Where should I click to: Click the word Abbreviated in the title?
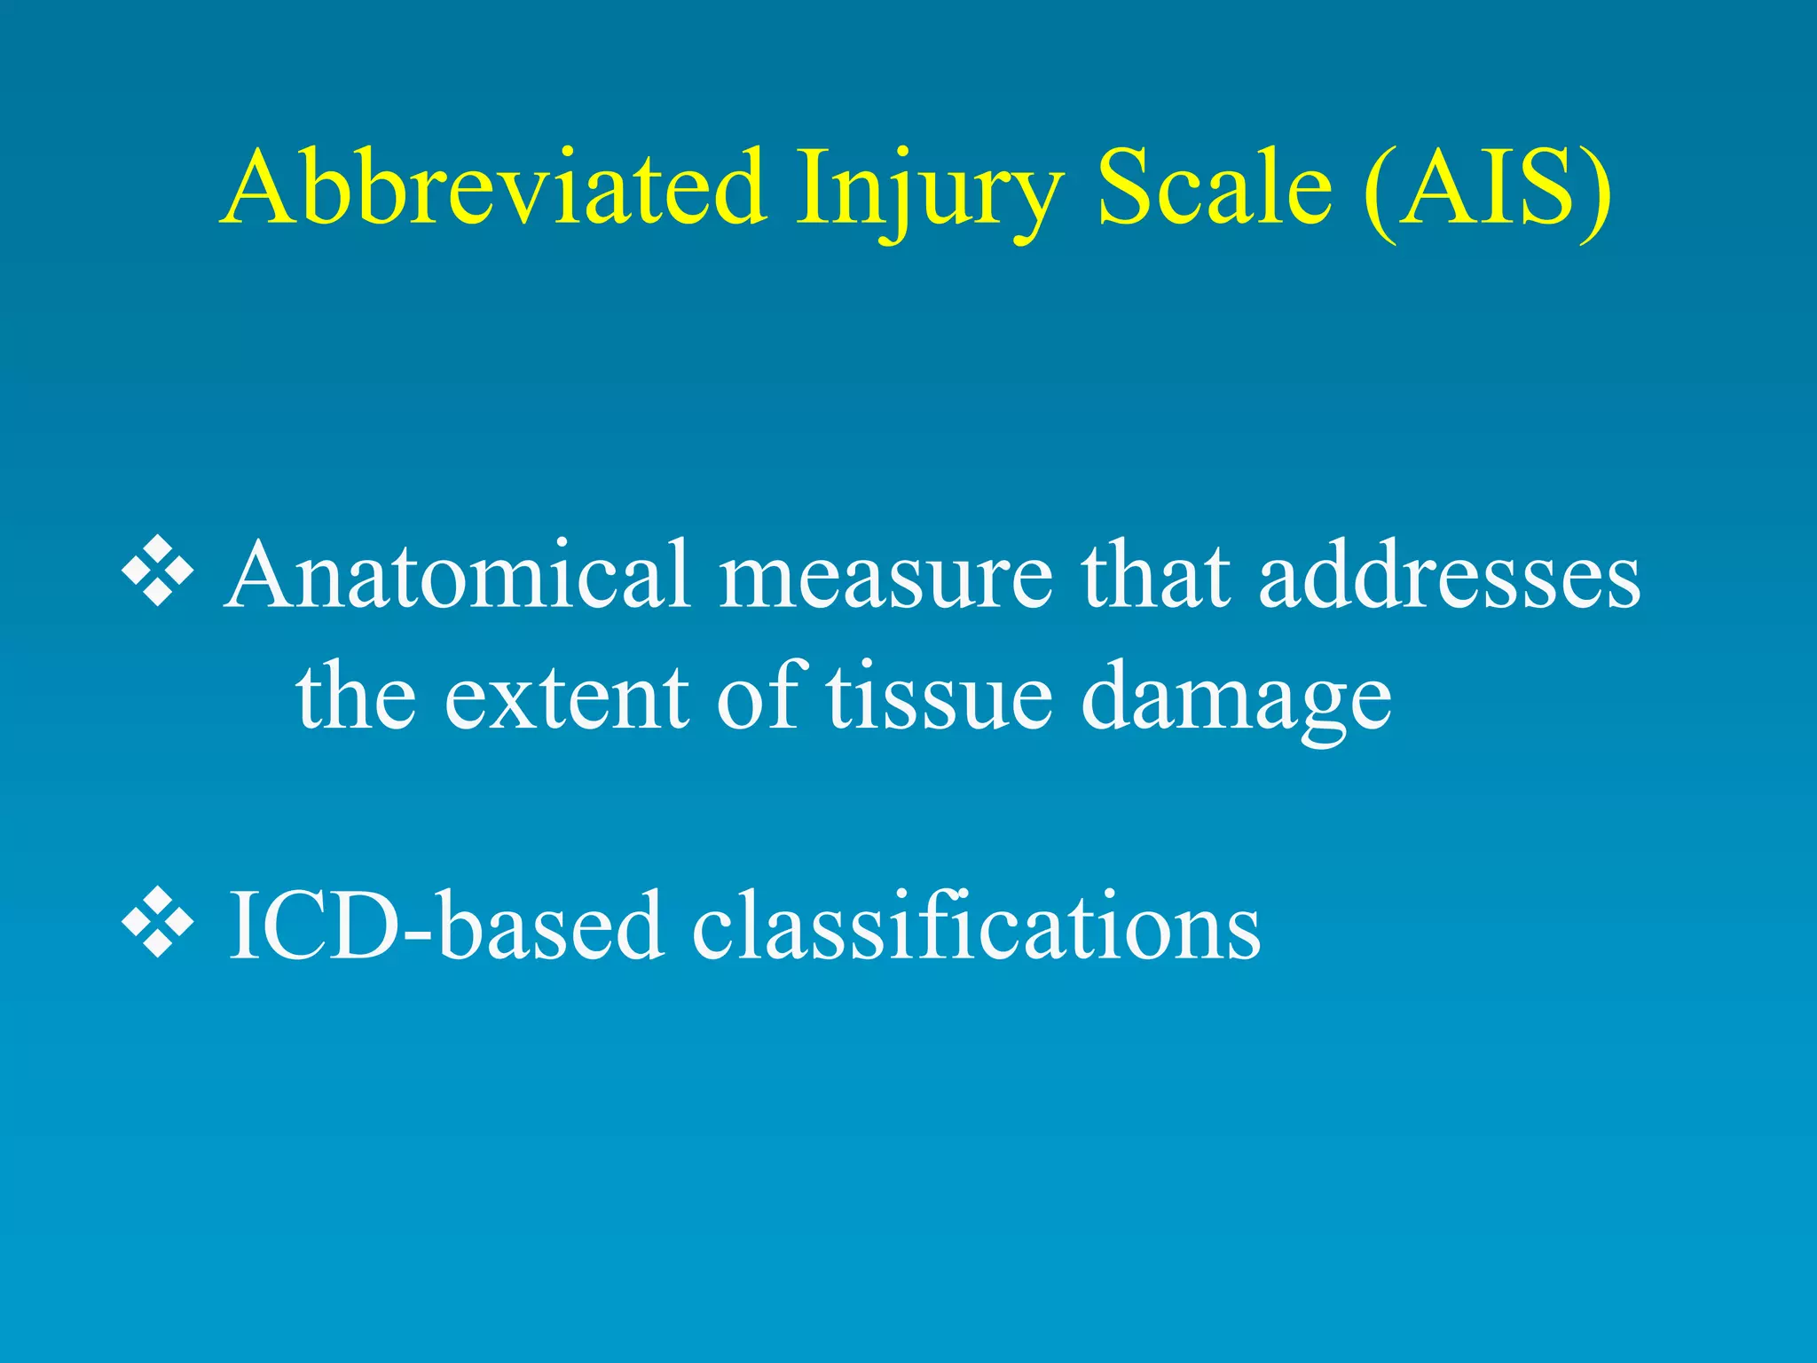point(493,188)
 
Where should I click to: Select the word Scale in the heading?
point(1215,188)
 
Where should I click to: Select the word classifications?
point(976,926)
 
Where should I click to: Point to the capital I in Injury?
point(812,188)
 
